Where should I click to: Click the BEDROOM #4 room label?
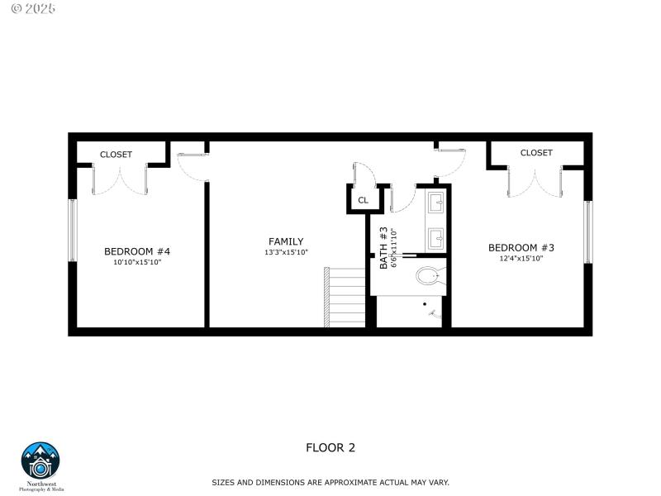[136, 251]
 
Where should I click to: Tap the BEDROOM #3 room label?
[521, 247]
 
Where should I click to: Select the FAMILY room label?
[286, 241]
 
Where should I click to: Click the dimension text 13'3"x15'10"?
[286, 252]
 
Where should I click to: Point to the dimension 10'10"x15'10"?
[136, 262]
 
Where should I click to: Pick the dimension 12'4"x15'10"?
[521, 258]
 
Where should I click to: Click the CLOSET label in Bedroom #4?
[116, 155]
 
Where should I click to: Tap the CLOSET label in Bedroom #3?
[536, 152]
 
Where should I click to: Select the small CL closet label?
[363, 201]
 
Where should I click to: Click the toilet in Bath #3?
[430, 275]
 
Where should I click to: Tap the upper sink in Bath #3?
[436, 200]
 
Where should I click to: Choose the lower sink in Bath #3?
[436, 238]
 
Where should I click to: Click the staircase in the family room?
[345, 297]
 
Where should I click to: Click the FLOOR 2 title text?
[330, 448]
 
